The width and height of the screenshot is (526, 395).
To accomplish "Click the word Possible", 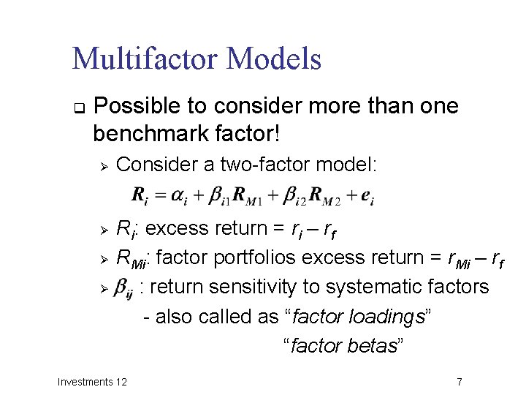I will pos(140,107).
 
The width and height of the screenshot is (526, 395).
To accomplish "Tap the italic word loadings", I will pos(391,317).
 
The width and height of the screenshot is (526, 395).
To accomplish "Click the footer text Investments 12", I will pos(92,381).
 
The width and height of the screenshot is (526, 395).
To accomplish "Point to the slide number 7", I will pos(459,381).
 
